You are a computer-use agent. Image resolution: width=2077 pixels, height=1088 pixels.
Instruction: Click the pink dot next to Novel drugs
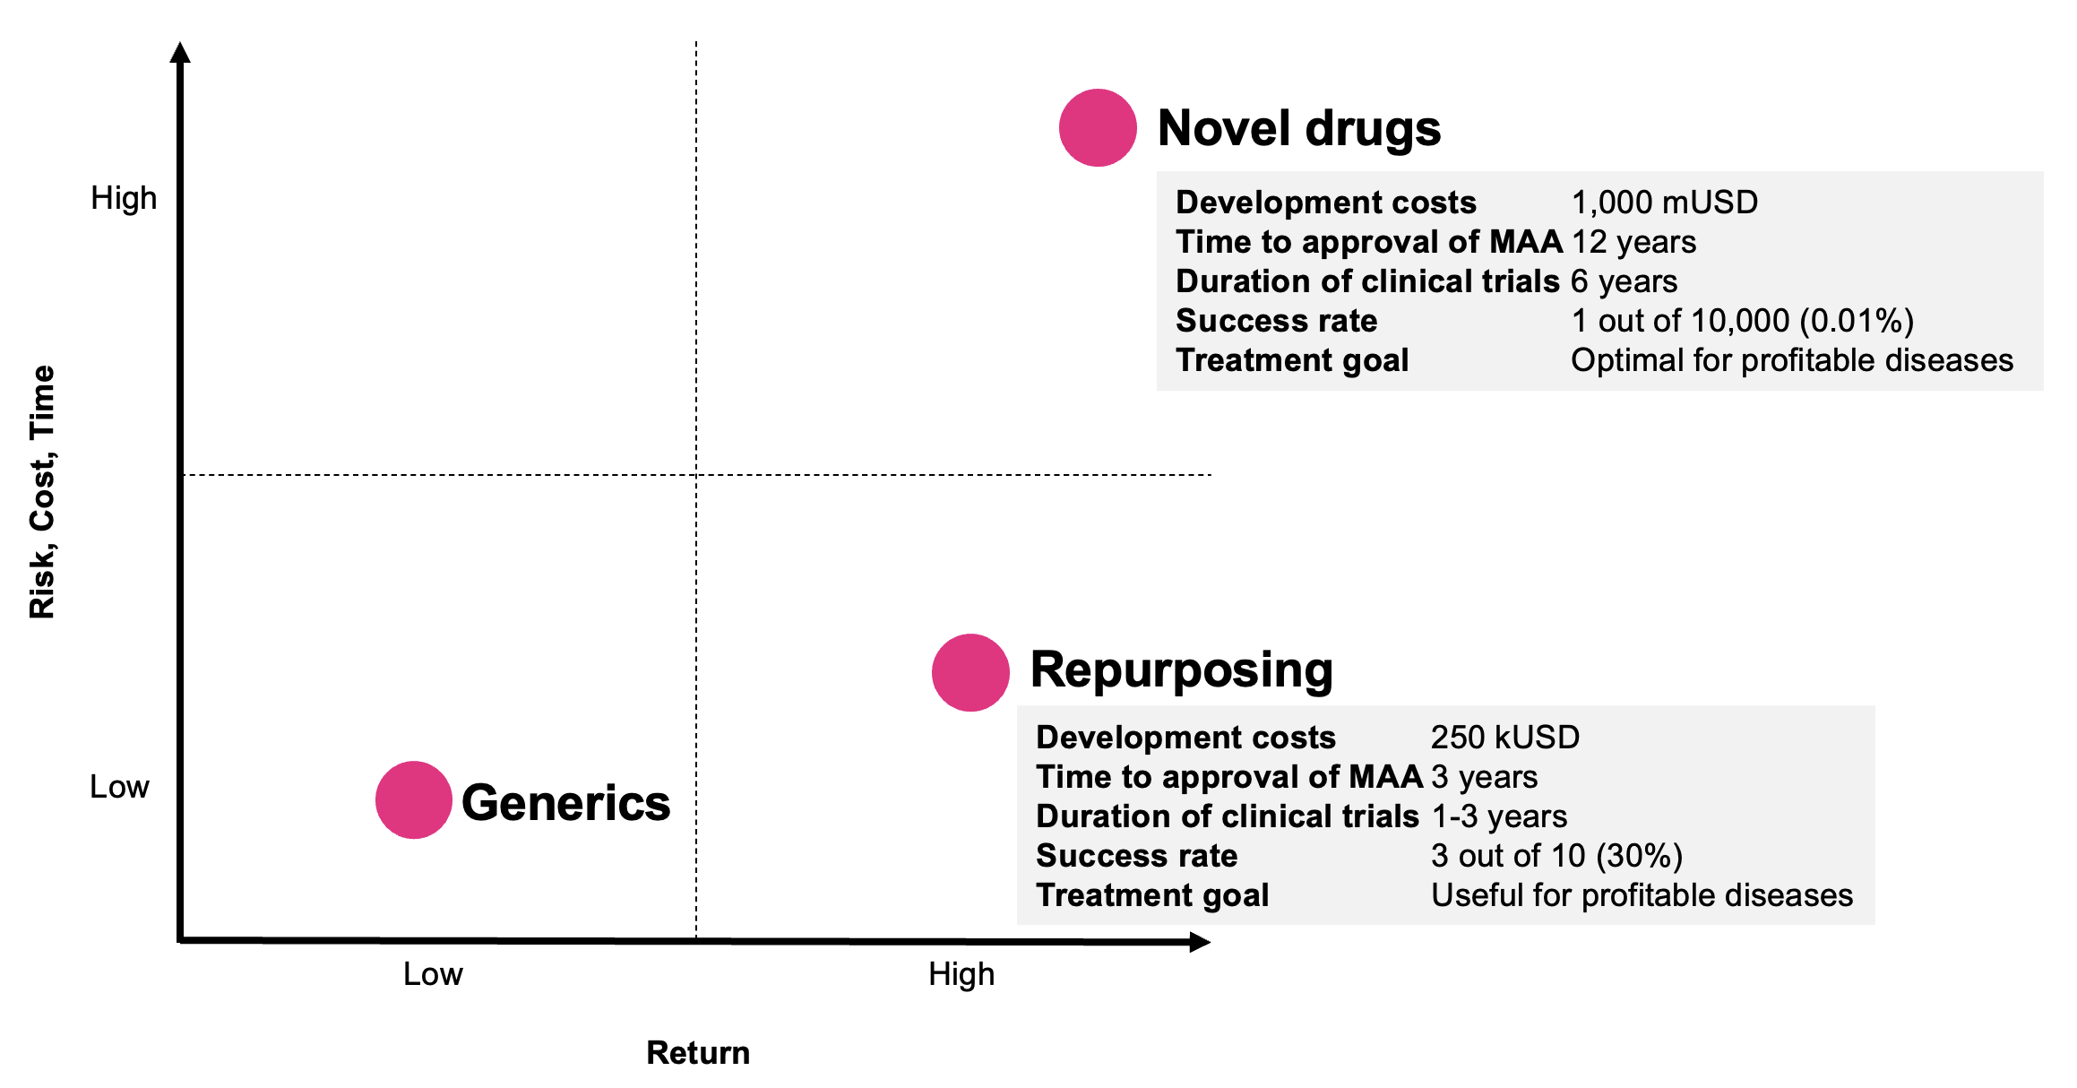pyautogui.click(x=1098, y=127)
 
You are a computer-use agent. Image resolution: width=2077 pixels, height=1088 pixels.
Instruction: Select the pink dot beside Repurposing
pyautogui.click(x=970, y=672)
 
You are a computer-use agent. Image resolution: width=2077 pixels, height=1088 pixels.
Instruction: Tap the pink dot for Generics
pyautogui.click(x=413, y=799)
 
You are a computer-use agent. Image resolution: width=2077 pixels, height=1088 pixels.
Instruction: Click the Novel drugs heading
pyautogui.click(x=1298, y=128)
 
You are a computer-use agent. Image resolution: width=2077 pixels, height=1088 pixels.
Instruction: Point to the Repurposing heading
pyautogui.click(x=1181, y=669)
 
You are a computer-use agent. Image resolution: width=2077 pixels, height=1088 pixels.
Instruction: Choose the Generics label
pyautogui.click(x=565, y=802)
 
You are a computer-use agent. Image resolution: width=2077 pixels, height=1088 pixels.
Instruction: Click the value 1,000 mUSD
pyautogui.click(x=1664, y=203)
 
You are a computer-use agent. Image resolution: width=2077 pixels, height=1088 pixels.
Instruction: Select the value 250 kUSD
pyautogui.click(x=1504, y=737)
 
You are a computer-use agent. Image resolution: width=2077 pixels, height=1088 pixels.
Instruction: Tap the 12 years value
pyautogui.click(x=1633, y=242)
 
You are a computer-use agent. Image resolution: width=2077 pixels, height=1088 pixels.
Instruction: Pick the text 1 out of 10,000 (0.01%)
pyautogui.click(x=1742, y=321)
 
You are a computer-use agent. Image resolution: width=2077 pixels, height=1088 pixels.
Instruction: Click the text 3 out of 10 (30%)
pyautogui.click(x=1556, y=856)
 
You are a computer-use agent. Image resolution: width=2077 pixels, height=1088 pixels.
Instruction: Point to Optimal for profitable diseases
pyautogui.click(x=1791, y=360)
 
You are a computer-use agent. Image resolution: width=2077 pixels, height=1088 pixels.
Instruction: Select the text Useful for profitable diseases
pyautogui.click(x=1642, y=895)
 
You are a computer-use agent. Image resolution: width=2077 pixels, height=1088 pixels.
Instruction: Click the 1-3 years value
pyautogui.click(x=1499, y=816)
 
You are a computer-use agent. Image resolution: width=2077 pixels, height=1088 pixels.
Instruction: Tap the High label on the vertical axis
pyautogui.click(x=124, y=198)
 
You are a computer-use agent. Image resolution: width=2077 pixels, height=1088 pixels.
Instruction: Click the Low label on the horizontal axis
pyautogui.click(x=433, y=974)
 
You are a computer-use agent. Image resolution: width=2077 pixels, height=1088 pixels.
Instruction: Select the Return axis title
pyautogui.click(x=698, y=1053)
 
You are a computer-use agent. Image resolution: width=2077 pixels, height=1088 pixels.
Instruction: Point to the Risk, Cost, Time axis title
pyautogui.click(x=42, y=492)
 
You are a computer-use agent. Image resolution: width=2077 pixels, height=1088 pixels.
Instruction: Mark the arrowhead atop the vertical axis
pyautogui.click(x=180, y=53)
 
